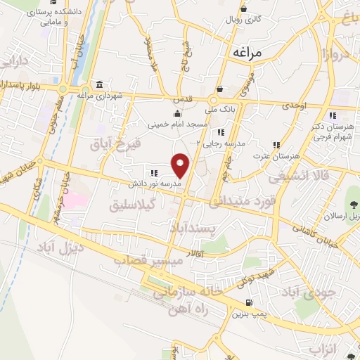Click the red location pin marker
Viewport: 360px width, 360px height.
click(x=181, y=164)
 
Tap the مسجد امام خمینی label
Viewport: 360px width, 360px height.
click(x=177, y=124)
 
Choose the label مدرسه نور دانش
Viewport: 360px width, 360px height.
click(x=153, y=184)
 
